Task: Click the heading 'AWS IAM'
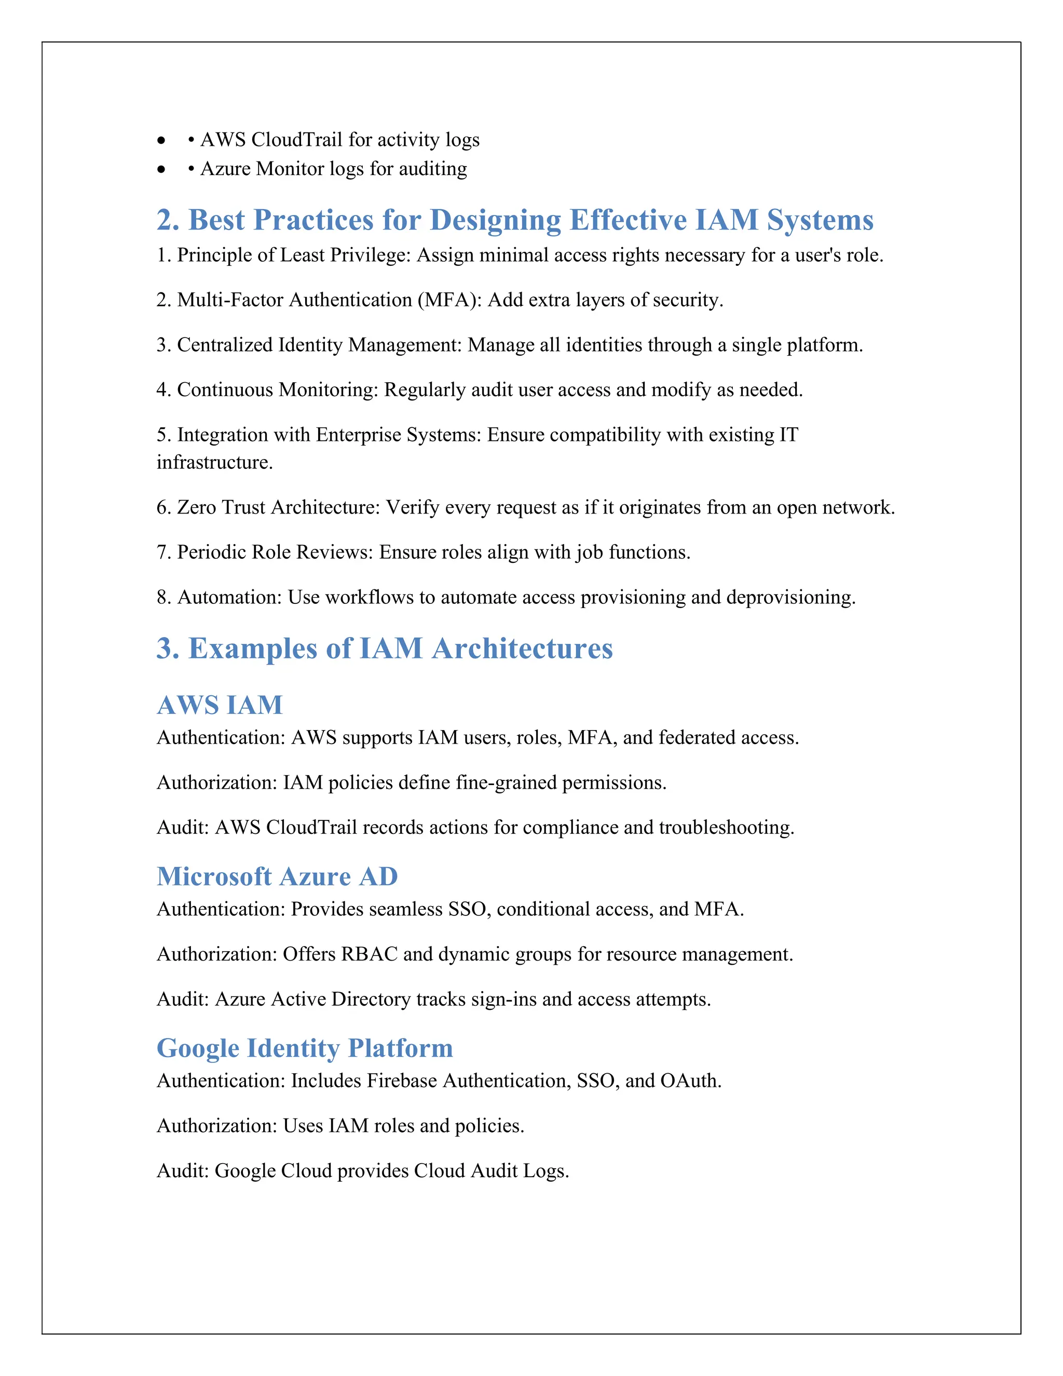(x=220, y=705)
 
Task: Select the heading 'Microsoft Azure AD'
(x=277, y=876)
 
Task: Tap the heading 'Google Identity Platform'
(x=305, y=1048)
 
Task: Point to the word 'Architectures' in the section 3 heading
(x=522, y=649)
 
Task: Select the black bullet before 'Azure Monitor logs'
(x=162, y=169)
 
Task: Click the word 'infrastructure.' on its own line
(x=215, y=463)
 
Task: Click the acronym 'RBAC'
(x=369, y=954)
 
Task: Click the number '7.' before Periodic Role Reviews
(x=163, y=552)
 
